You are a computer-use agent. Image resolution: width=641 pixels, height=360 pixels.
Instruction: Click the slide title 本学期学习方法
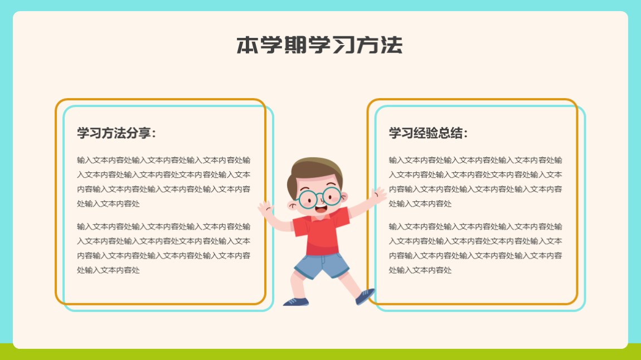point(320,45)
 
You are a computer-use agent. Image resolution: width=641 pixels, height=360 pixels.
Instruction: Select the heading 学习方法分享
point(116,133)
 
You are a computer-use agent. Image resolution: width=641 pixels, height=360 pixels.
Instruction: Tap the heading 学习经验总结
point(428,133)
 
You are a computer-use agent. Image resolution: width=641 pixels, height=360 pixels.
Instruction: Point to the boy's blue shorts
point(322,265)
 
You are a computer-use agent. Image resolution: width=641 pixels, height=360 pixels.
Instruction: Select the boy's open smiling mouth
point(320,209)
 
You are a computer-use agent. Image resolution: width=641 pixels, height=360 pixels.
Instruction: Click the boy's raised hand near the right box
point(378,195)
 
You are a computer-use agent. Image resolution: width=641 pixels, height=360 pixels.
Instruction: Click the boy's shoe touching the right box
point(365,296)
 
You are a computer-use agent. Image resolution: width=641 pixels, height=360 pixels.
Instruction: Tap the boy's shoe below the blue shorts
point(296,302)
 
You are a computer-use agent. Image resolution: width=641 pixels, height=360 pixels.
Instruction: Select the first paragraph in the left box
point(163,182)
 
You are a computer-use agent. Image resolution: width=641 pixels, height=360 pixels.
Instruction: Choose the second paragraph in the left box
point(163,248)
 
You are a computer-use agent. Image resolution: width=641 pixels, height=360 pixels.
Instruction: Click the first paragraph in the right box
point(475,182)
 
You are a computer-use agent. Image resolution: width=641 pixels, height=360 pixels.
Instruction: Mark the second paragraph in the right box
point(475,248)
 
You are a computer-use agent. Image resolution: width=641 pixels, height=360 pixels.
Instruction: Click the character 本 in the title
point(247,45)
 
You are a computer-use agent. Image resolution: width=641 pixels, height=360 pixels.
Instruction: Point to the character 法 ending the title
point(392,45)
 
